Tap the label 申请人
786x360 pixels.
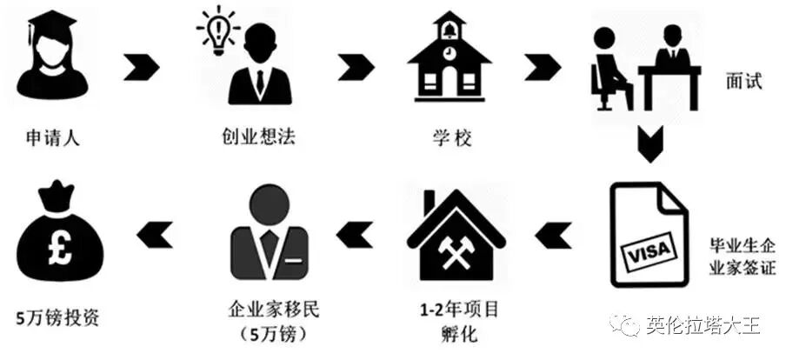pyautogui.click(x=53, y=137)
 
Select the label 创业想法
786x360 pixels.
pyautogui.click(x=257, y=137)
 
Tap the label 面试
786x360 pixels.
pyautogui.click(x=743, y=82)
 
